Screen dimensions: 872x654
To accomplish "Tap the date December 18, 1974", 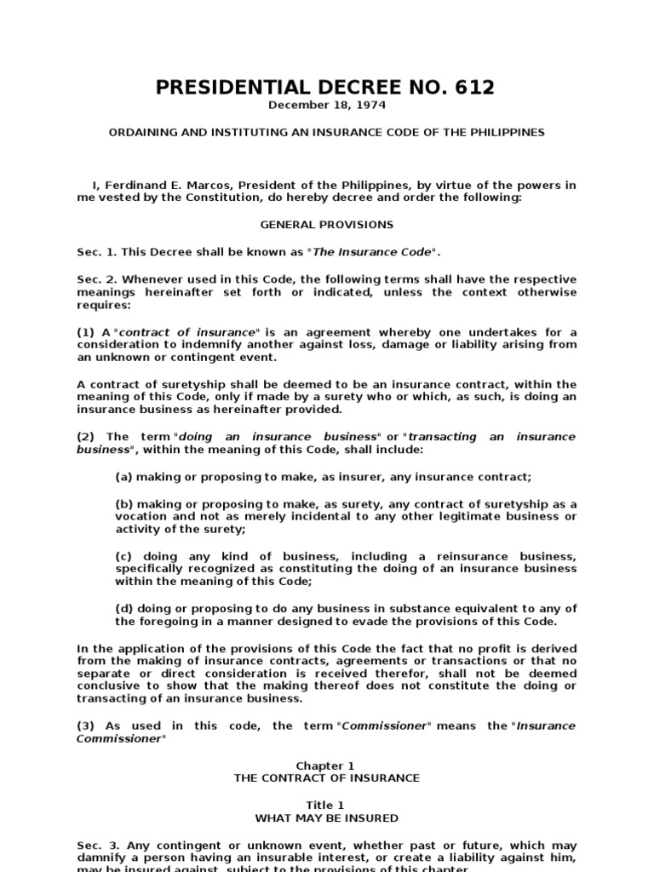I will pyautogui.click(x=326, y=106).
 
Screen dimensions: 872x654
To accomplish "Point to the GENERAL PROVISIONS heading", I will pyautogui.click(x=326, y=225).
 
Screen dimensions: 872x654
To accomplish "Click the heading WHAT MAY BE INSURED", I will pyautogui.click(x=326, y=818).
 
